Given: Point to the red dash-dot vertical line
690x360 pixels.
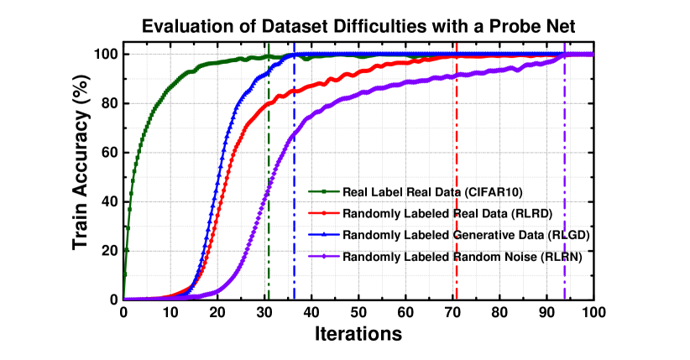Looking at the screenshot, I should pos(457,168).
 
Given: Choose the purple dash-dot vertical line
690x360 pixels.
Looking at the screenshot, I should pos(564,168).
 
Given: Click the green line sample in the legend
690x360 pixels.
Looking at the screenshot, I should pos(324,191).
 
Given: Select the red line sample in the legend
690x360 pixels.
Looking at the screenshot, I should pos(324,213).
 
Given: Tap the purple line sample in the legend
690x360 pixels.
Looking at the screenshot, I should pos(324,256).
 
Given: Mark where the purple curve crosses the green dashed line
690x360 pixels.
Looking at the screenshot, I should pos(269,186).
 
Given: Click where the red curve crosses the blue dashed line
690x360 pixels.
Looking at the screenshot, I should pos(294,90).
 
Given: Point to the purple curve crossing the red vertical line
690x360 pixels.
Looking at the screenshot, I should pos(457,76).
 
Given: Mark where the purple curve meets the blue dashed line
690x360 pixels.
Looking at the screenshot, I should pos(294,133).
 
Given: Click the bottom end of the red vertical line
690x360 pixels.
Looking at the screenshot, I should pos(457,298).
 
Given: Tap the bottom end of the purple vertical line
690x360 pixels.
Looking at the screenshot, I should pos(564,298).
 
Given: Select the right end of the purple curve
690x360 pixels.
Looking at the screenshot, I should pos(591,55).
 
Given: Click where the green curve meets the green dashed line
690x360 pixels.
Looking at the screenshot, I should pos(269,57).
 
